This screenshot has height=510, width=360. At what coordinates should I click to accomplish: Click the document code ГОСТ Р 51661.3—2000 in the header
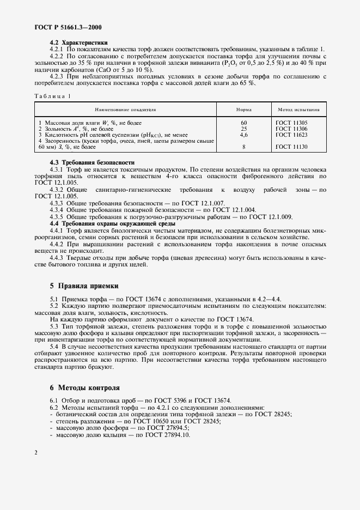pos(68,27)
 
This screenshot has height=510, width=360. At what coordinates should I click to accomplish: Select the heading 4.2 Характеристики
pos(78,42)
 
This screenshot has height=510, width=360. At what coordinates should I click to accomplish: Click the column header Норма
pos(243,110)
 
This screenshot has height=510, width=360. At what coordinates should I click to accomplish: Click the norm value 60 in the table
pos(244,123)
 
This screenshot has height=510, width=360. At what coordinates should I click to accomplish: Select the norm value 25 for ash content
pos(244,129)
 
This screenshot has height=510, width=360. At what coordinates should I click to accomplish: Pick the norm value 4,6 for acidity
pos(244,134)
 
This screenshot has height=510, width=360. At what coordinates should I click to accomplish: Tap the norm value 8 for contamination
pos(244,147)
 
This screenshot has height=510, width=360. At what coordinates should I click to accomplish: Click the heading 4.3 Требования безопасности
pos(91,163)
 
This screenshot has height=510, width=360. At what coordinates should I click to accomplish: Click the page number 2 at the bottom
pos(36,452)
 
